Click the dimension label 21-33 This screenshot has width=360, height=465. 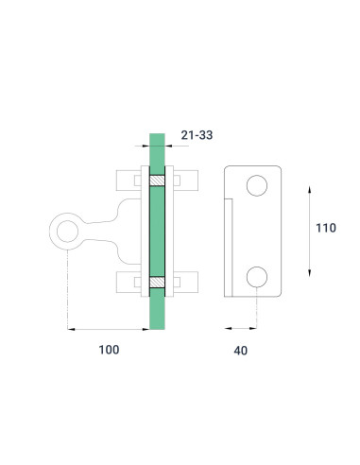click(x=197, y=135)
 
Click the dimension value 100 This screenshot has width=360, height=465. click(x=109, y=350)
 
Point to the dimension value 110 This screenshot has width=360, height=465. click(x=325, y=228)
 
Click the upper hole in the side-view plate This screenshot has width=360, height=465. click(x=256, y=186)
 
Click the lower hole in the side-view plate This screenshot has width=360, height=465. click(x=256, y=276)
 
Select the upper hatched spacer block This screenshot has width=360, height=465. click(x=158, y=180)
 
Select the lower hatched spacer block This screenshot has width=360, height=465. click(x=158, y=281)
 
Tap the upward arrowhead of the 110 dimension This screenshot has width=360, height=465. click(x=311, y=189)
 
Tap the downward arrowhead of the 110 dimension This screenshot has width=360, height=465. click(x=311, y=273)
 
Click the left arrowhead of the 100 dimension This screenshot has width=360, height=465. click(x=71, y=328)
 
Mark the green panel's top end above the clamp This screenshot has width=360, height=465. click(x=158, y=149)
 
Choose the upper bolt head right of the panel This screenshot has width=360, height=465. click(x=185, y=180)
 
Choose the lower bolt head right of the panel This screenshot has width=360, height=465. click(x=185, y=281)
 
